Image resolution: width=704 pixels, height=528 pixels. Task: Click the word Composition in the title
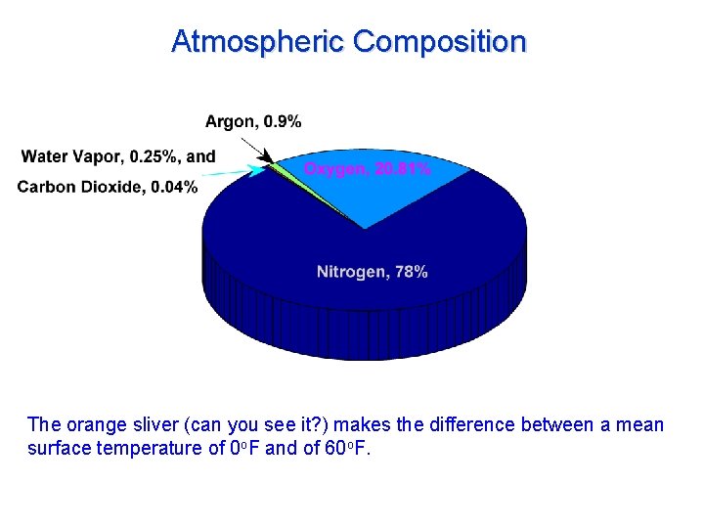coord(440,42)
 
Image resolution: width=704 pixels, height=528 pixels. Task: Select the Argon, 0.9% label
coord(253,122)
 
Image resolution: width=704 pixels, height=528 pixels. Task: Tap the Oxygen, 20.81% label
coord(367,169)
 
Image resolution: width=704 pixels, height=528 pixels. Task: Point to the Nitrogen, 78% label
coord(372,272)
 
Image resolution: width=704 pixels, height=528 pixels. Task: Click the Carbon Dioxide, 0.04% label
coord(107,187)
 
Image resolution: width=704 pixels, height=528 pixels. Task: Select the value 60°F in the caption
coord(346,449)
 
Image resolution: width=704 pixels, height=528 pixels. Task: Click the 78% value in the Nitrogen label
coord(412,272)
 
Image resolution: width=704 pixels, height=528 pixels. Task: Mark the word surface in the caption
coord(57,449)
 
